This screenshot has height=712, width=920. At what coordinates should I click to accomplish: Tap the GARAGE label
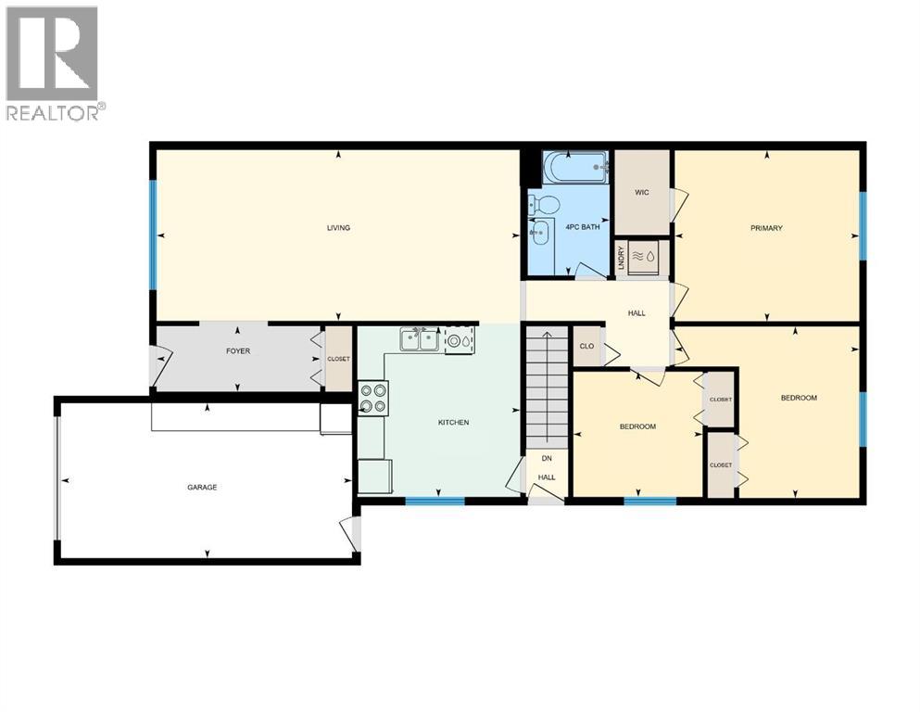click(202, 487)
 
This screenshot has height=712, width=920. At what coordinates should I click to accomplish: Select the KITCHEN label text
click(454, 423)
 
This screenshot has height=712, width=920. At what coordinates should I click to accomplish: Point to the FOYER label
click(238, 351)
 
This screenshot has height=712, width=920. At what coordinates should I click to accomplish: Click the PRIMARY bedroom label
click(766, 228)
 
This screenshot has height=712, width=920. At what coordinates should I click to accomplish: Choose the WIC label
click(642, 193)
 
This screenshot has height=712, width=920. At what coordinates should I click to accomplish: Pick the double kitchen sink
click(420, 339)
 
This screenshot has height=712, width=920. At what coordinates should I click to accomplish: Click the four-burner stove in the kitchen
click(373, 399)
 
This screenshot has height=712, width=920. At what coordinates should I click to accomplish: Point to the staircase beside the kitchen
click(546, 389)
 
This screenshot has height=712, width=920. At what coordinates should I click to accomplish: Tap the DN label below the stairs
click(547, 458)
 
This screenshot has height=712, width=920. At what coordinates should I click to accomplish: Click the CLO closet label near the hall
click(586, 347)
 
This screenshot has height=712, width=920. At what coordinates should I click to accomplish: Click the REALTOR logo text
click(54, 112)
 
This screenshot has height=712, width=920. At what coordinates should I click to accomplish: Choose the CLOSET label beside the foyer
click(338, 360)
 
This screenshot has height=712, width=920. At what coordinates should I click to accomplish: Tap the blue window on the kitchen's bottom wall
click(435, 502)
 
